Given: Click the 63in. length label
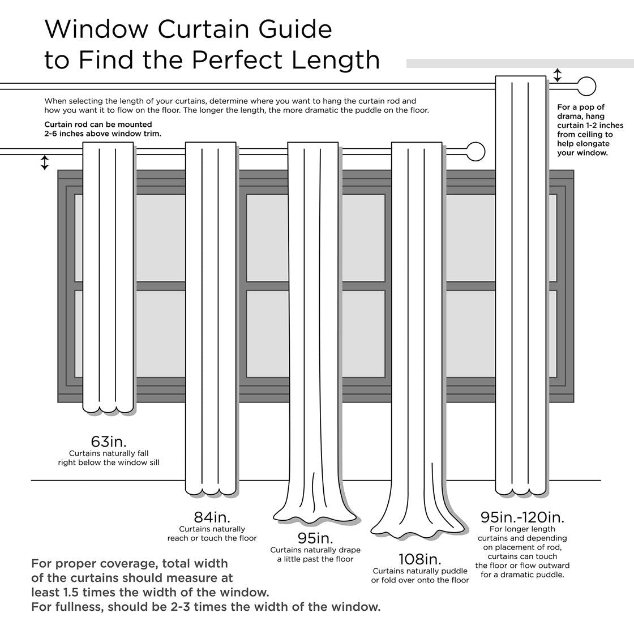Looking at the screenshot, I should [109, 441].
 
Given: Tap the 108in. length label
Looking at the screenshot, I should [419, 559].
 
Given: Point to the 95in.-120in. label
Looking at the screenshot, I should [522, 517].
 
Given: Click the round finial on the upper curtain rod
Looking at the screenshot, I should [587, 87].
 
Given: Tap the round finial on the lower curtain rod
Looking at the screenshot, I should [476, 152].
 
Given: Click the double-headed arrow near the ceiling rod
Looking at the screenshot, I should [558, 75].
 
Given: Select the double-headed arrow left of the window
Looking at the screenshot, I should [45, 162].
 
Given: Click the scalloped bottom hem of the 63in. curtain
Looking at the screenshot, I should [108, 408].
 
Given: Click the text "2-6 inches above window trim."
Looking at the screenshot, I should [102, 134].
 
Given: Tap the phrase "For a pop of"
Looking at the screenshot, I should [581, 107].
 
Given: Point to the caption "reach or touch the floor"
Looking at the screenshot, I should [212, 538].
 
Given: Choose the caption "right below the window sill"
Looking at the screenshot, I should [109, 462].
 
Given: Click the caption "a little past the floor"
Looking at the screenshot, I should [315, 559].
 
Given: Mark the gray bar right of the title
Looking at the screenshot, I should [520, 63].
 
